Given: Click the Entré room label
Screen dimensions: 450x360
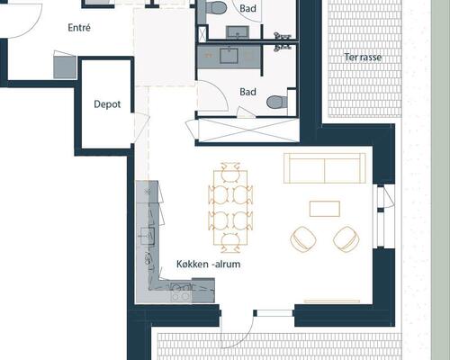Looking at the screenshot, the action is (79, 28).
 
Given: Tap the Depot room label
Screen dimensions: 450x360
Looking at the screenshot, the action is (107, 104).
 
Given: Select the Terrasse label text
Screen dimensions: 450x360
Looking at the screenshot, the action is (363, 57).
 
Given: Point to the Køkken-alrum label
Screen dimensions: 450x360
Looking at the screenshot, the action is (209, 264).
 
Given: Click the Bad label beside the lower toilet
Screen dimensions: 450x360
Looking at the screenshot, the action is (247, 92).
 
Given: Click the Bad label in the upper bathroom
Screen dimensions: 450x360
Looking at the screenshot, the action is (247, 8).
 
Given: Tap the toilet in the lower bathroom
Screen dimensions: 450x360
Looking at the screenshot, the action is (277, 102).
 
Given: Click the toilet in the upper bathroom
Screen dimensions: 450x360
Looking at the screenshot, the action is (215, 7).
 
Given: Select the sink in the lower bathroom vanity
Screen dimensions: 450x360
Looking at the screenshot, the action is (229, 56).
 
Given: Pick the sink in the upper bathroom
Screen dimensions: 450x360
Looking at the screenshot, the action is (238, 32).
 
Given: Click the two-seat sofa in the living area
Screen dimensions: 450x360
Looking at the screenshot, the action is (325, 168).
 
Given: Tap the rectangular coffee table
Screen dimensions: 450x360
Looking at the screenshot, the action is (325, 209).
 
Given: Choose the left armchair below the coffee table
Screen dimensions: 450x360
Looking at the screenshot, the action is (303, 239).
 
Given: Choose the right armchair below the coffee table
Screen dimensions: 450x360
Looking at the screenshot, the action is (346, 239).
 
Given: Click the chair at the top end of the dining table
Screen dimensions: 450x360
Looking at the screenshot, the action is (230, 172).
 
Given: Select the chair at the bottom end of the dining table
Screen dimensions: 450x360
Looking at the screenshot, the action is (230, 242).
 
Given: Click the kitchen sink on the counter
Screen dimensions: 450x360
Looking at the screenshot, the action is (148, 236).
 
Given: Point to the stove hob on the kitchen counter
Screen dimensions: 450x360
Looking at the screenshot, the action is (181, 292).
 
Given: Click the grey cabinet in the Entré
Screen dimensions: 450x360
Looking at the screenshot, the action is (65, 67).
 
